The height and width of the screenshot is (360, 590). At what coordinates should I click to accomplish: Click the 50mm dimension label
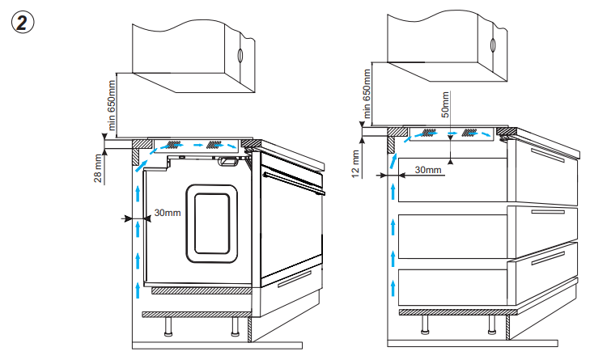[446, 105]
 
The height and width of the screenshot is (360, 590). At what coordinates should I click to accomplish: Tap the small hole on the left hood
[240, 56]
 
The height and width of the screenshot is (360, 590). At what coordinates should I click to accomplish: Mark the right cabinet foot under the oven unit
[235, 327]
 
